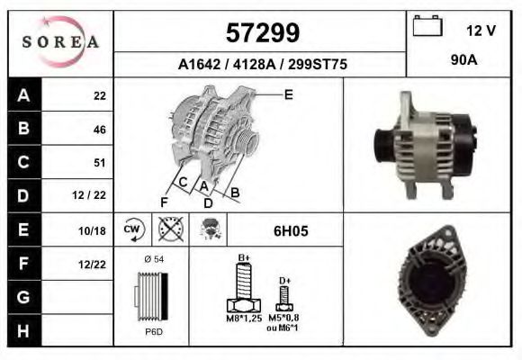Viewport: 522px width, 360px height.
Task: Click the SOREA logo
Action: [x=59, y=42]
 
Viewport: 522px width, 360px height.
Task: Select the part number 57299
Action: [x=262, y=33]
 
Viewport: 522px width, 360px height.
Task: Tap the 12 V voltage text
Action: [x=481, y=31]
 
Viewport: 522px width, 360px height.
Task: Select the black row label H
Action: [x=23, y=330]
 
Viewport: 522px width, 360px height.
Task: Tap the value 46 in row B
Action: [x=99, y=130]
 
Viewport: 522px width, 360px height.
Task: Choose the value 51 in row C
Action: [x=100, y=163]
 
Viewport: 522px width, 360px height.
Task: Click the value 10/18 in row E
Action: [x=92, y=230]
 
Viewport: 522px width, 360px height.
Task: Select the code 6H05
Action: [x=291, y=231]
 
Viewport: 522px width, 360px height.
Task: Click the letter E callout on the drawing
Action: [x=289, y=93]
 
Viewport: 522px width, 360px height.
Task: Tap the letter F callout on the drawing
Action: [x=163, y=201]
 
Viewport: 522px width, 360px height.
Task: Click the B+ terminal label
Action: [x=242, y=258]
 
